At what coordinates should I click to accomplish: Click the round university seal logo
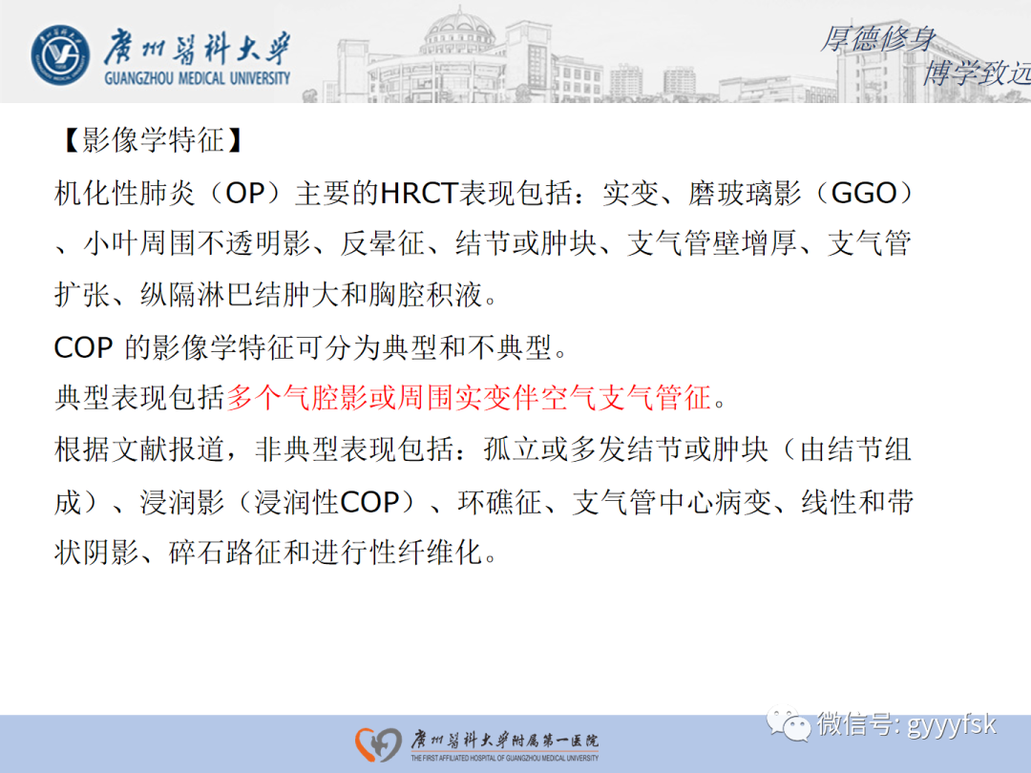(61, 53)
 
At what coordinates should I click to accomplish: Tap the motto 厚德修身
(877, 39)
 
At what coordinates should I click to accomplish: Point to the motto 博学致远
(974, 72)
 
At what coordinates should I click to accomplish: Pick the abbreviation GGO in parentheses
(866, 193)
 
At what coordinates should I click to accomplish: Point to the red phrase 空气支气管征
(650, 398)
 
